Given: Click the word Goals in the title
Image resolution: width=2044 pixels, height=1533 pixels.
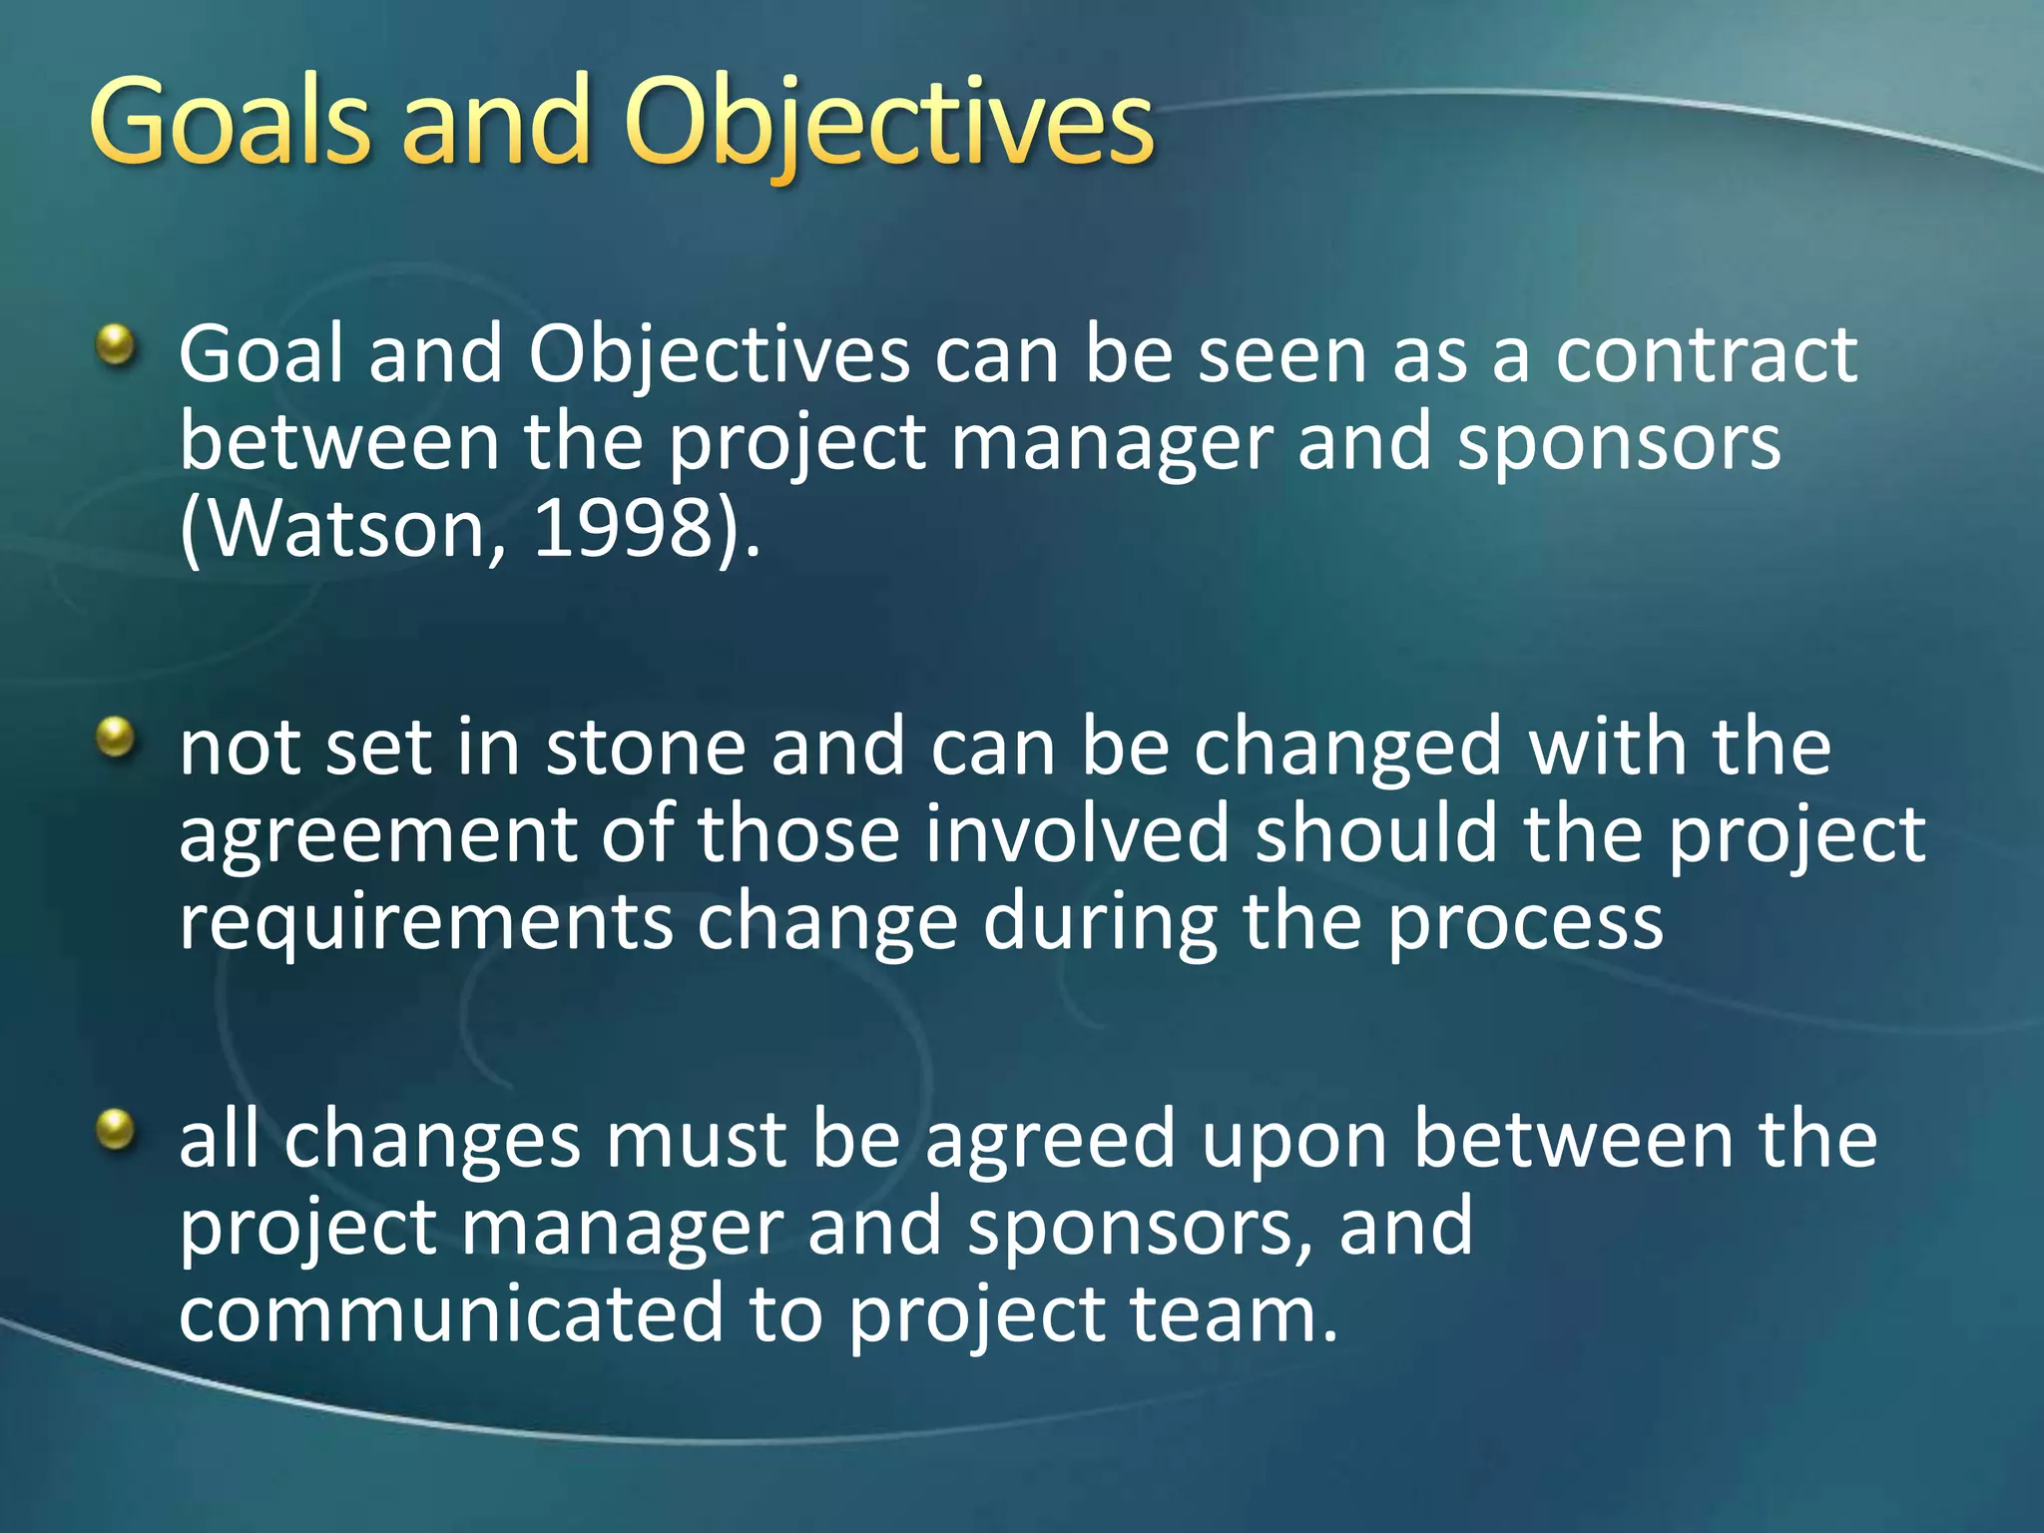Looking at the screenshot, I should [x=230, y=122].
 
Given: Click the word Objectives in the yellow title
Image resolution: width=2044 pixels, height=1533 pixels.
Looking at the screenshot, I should [x=888, y=122].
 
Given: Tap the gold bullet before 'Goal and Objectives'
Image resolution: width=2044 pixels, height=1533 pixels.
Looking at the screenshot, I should [x=116, y=346].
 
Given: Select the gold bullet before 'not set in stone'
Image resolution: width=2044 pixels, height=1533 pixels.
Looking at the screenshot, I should [x=116, y=739].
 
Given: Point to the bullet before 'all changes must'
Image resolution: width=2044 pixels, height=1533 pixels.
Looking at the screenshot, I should [x=116, y=1131].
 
